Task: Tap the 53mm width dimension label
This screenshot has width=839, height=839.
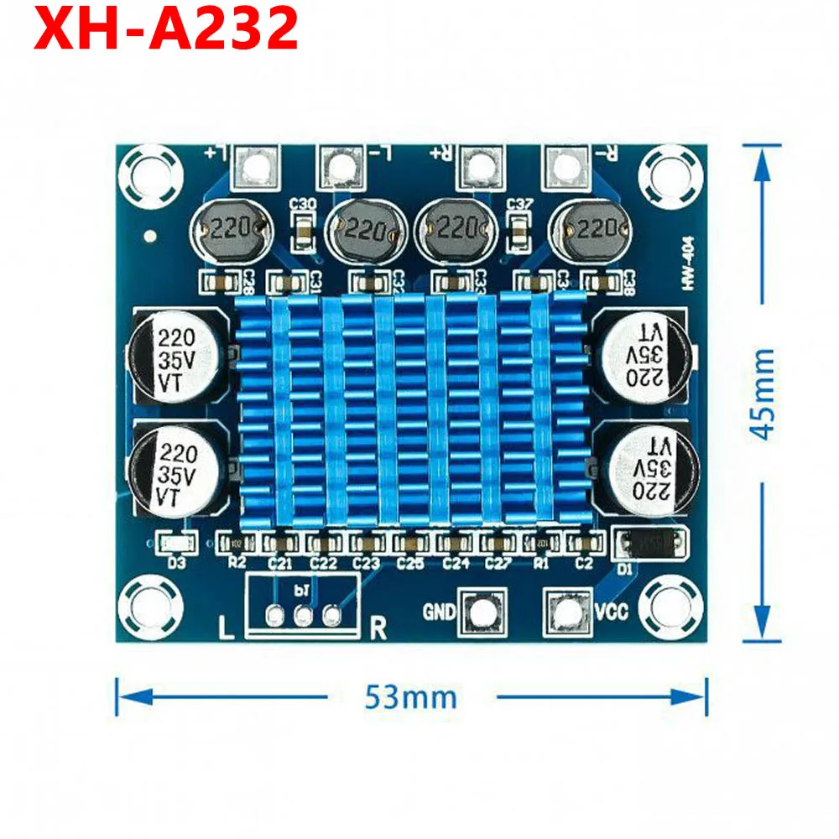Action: tap(411, 696)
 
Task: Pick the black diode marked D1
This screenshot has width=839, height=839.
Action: tap(651, 543)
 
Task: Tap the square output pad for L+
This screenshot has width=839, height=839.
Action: tap(257, 166)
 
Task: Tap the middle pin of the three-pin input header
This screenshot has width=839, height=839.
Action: tap(304, 617)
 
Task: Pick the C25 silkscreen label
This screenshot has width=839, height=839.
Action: tap(410, 563)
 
